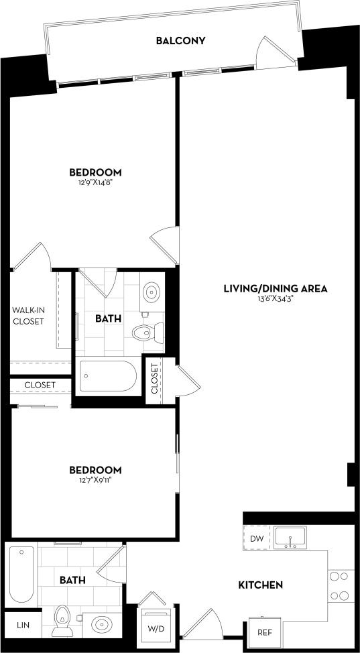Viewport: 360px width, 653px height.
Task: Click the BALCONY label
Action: click(180, 41)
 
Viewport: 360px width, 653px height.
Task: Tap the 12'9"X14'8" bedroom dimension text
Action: click(99, 182)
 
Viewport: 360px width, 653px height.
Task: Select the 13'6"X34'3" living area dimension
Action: click(275, 299)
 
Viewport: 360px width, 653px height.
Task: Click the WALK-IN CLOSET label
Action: click(27, 316)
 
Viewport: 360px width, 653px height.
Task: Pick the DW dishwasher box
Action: click(256, 538)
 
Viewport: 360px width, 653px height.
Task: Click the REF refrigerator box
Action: click(263, 631)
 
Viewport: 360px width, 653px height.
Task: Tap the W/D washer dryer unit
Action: click(156, 624)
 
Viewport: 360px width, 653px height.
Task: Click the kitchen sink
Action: click(290, 537)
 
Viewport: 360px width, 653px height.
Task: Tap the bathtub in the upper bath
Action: click(108, 377)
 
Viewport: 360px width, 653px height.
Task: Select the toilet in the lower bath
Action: click(62, 621)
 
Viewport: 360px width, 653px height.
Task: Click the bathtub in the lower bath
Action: click(21, 575)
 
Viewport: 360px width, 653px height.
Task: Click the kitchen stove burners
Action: click(339, 586)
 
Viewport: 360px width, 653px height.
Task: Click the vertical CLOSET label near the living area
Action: click(154, 379)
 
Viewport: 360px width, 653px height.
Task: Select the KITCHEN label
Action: click(261, 585)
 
